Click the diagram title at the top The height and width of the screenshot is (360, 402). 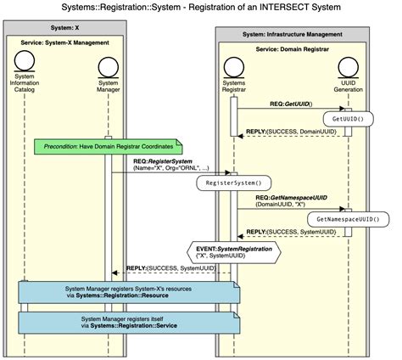point(200,8)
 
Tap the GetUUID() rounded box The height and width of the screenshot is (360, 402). point(348,120)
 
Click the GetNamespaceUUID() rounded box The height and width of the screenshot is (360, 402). point(348,219)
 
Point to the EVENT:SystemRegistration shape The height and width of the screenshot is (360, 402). point(235,250)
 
